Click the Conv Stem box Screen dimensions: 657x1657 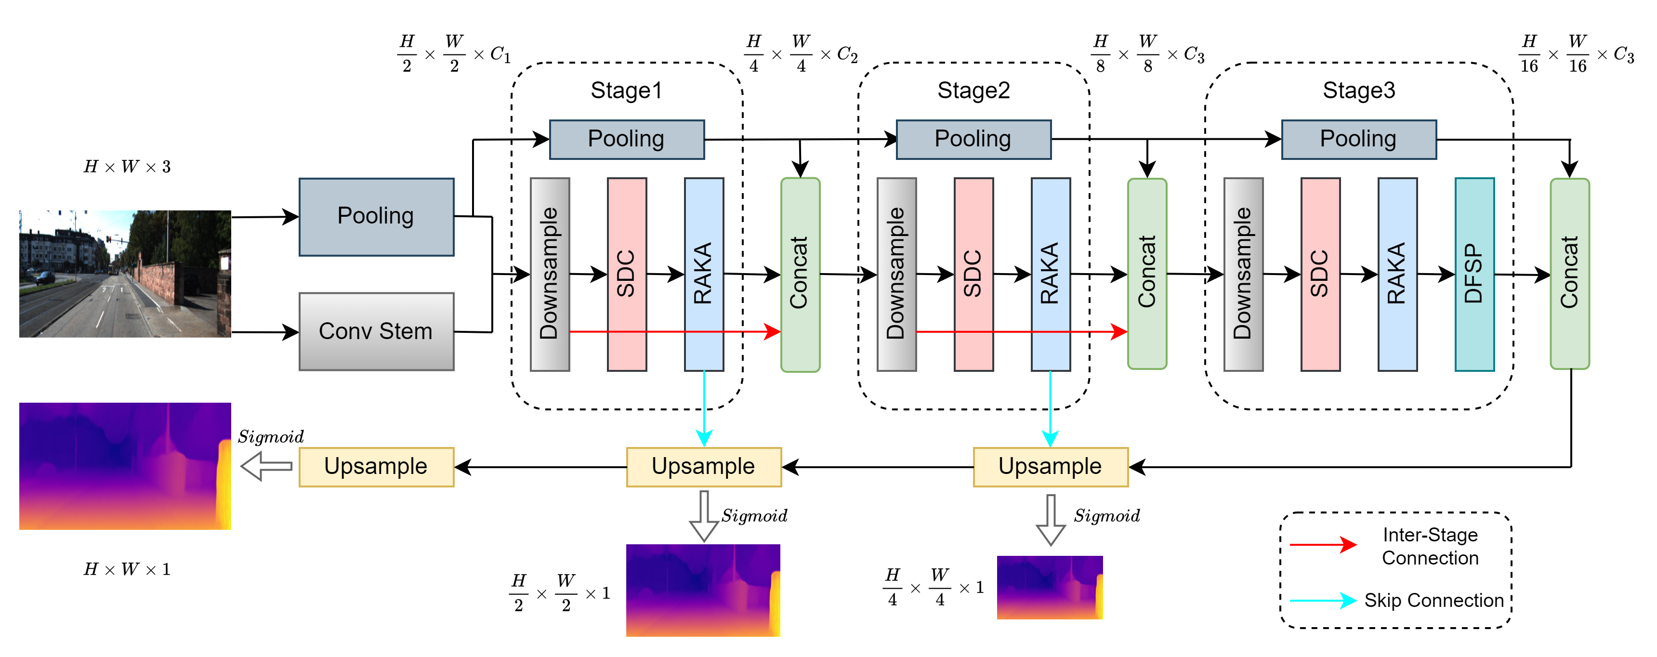(376, 331)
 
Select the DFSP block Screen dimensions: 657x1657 (1474, 275)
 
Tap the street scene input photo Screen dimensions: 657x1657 (125, 274)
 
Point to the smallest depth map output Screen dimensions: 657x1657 (1050, 588)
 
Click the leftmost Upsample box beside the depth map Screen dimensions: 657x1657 (376, 467)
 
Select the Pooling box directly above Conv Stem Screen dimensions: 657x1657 (376, 217)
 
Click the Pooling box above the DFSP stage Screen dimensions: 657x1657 (1358, 139)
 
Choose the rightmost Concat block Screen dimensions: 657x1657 (1569, 275)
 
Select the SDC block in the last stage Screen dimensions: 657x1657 (1320, 275)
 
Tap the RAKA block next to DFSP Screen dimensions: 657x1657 (1397, 275)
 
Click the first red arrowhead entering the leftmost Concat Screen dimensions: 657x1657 (772, 331)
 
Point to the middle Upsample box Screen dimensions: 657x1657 (704, 467)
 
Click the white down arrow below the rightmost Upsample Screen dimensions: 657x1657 (1051, 520)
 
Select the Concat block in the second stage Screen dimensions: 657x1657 (1147, 275)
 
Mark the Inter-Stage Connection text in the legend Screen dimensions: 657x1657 (1430, 546)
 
